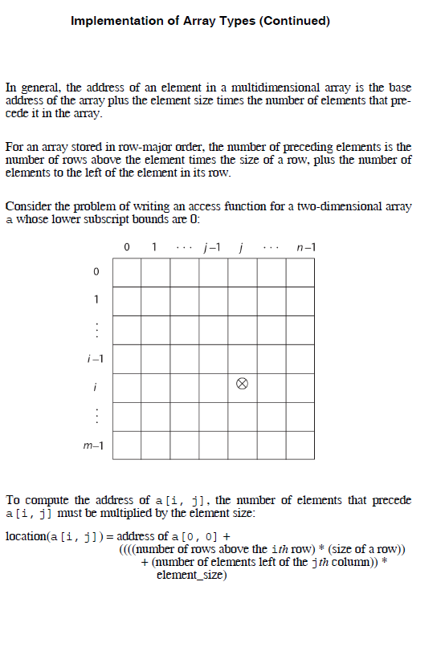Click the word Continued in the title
[293, 21]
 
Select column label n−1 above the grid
[305, 246]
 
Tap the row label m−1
[95, 445]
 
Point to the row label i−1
[96, 359]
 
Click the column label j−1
[214, 246]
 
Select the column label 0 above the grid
[128, 246]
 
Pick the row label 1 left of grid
[96, 300]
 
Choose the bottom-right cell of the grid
[300, 445]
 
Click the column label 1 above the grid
[154, 246]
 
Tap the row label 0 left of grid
[96, 273]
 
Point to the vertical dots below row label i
[96, 416]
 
